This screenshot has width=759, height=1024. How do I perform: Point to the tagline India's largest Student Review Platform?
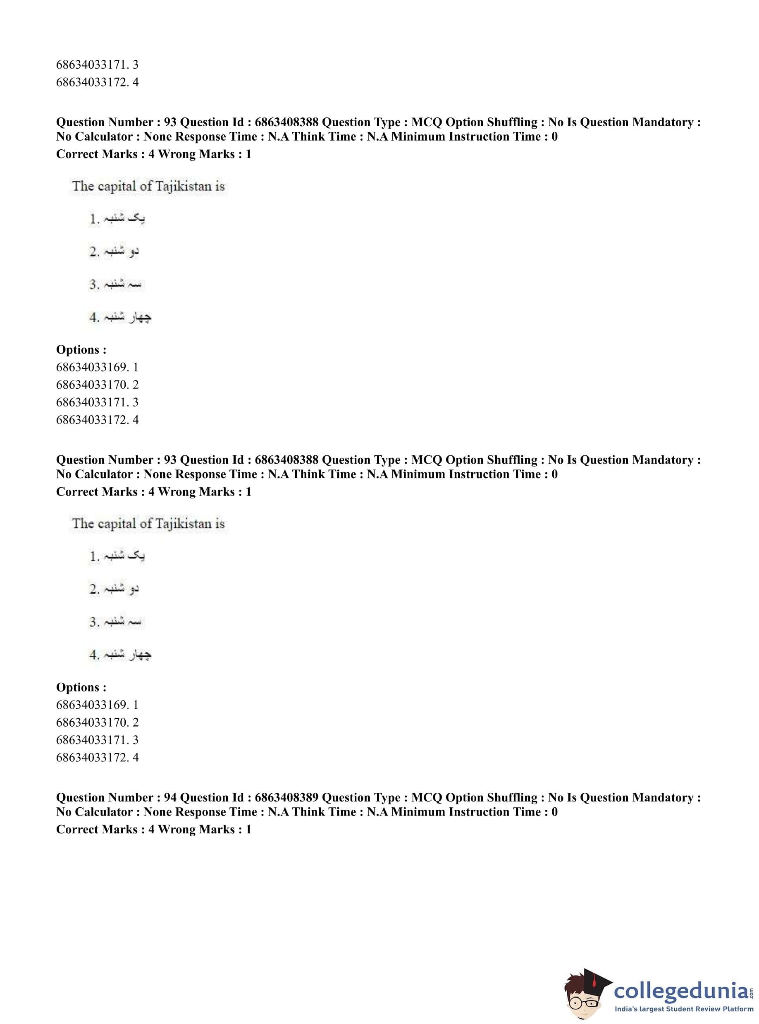pos(684,1009)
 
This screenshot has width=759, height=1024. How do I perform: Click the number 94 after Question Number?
pos(170,797)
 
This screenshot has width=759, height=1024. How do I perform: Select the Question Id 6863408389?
pos(286,797)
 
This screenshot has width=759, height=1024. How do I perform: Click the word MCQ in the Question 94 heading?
pos(426,797)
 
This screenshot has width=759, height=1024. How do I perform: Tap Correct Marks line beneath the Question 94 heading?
pos(153,829)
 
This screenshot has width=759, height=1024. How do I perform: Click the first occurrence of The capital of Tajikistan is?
pos(148,186)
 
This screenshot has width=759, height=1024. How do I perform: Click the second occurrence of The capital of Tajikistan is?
pos(148,524)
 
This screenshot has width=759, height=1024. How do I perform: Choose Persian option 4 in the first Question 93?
pos(120,317)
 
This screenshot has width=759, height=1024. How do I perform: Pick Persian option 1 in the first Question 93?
pos(117,219)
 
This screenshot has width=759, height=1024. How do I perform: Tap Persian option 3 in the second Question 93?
pos(115,622)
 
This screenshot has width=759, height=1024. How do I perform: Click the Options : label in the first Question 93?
pos(81,350)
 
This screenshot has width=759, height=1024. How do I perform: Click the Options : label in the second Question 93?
pos(81,687)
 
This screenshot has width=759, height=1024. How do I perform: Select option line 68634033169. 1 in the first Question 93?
pos(97,367)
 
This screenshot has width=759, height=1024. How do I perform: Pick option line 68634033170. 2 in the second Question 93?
pos(97,723)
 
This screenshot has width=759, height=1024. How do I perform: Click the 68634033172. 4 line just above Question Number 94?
pos(97,757)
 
